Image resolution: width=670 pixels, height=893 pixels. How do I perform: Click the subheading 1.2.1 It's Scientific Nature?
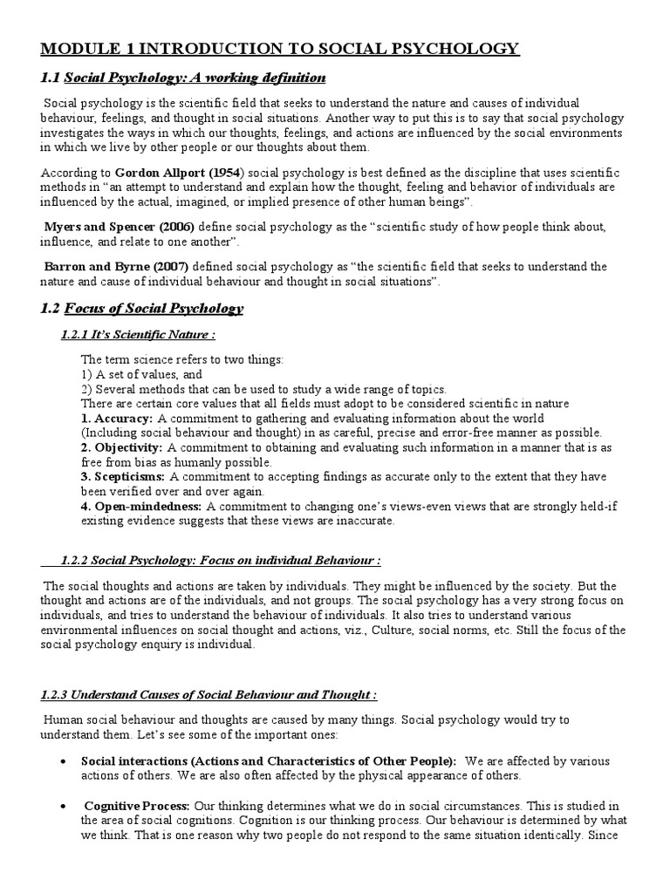pyautogui.click(x=138, y=335)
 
